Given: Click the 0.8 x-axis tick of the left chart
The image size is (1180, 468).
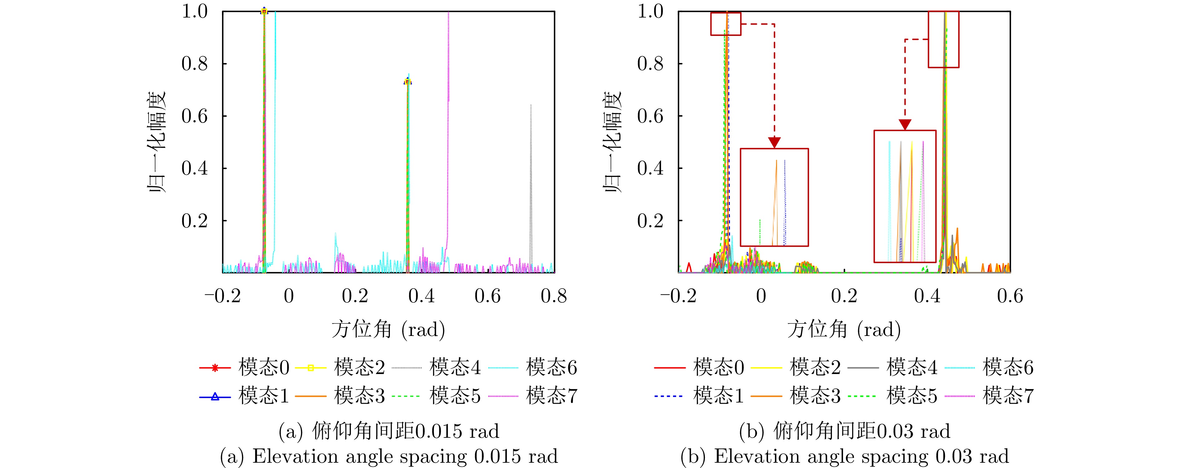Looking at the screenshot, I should point(554,296).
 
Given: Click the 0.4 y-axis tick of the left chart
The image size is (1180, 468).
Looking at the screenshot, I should point(195,169).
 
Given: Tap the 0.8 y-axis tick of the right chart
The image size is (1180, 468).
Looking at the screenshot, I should point(651,64).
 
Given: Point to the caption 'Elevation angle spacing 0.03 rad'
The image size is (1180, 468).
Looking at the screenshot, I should point(845,456).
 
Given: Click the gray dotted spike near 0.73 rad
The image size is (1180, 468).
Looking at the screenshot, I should point(531,183).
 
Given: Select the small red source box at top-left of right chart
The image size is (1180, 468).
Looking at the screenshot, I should point(725,24).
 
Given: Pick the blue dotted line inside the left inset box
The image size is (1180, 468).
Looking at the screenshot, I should point(785,201).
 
